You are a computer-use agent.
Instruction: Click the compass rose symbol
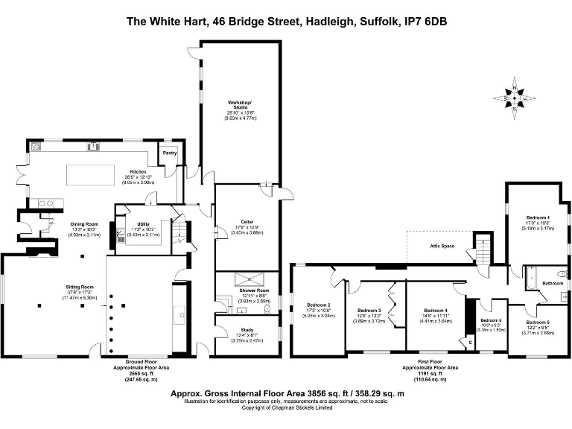click(515, 98)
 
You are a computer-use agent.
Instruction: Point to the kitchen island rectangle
click(93, 174)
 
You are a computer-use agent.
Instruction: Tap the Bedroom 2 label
click(318, 305)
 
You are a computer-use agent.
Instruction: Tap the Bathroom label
click(552, 283)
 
